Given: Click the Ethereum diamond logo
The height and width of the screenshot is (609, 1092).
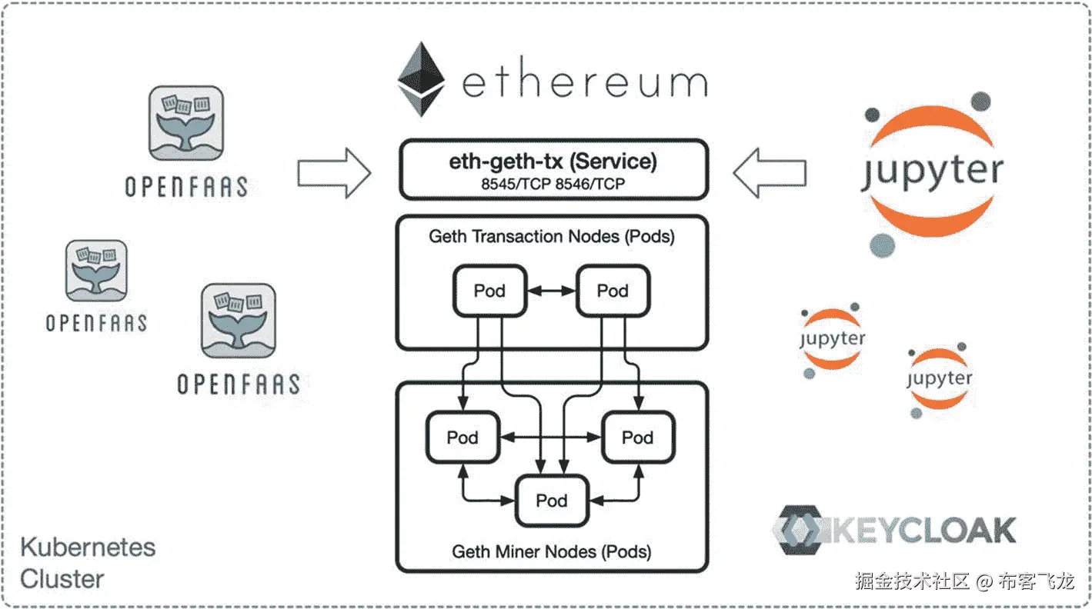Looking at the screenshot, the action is (x=421, y=79).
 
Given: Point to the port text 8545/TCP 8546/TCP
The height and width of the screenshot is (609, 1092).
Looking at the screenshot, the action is (x=553, y=185).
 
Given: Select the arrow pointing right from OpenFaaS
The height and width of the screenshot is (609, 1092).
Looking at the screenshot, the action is (x=335, y=173).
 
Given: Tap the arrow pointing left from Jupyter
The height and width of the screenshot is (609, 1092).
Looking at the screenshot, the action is (x=770, y=173).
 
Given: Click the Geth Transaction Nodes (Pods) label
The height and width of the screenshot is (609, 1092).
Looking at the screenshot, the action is (x=552, y=237).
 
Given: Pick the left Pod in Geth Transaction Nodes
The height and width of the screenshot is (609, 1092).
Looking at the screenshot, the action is (x=490, y=291).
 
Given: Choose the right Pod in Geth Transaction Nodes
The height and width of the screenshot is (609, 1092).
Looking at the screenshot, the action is (x=613, y=291).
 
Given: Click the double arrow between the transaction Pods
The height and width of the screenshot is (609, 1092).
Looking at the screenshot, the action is (x=552, y=291).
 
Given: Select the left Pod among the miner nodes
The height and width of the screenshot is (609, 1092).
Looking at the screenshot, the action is (x=463, y=437).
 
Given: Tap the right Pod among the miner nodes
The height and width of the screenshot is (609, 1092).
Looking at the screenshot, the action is (x=638, y=437).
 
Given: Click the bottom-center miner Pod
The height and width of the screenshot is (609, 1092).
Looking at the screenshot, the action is (x=552, y=501).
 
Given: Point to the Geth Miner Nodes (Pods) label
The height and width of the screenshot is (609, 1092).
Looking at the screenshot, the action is (x=551, y=552).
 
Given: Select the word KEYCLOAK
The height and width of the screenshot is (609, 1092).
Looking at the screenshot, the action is (x=924, y=530).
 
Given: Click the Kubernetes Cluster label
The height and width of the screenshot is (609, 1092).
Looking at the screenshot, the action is (x=88, y=563).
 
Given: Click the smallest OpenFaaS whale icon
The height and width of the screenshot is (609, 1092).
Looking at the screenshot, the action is (x=96, y=271).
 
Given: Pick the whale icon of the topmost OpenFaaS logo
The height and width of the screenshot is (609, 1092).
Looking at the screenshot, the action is (x=186, y=123).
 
